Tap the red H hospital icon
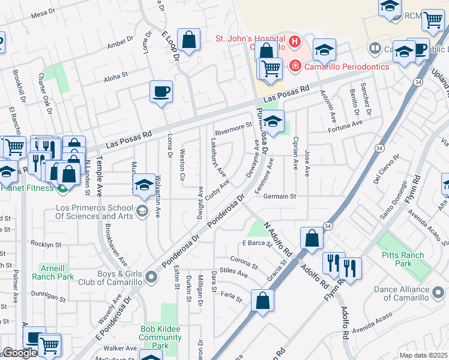(295, 41)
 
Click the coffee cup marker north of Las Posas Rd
(161, 92)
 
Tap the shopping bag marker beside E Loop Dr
(188, 41)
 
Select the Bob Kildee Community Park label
(160, 333)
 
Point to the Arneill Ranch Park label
(57, 272)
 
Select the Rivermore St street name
(233, 127)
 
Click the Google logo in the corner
(20, 353)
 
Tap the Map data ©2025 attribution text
(423, 355)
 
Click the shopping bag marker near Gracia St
(263, 301)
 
